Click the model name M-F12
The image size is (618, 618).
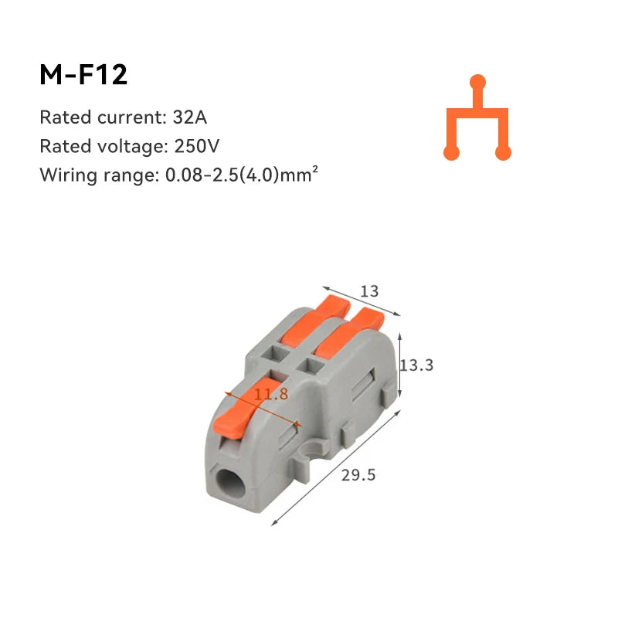click(x=83, y=75)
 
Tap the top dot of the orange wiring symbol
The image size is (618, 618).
click(x=477, y=81)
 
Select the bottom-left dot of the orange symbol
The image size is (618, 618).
click(x=452, y=153)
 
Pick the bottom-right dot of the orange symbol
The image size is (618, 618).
click(x=503, y=153)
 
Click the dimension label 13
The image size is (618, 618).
click(x=370, y=291)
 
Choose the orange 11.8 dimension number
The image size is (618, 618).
click(x=271, y=395)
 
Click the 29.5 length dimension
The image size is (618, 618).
click(x=358, y=475)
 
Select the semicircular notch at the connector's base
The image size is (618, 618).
click(x=314, y=449)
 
